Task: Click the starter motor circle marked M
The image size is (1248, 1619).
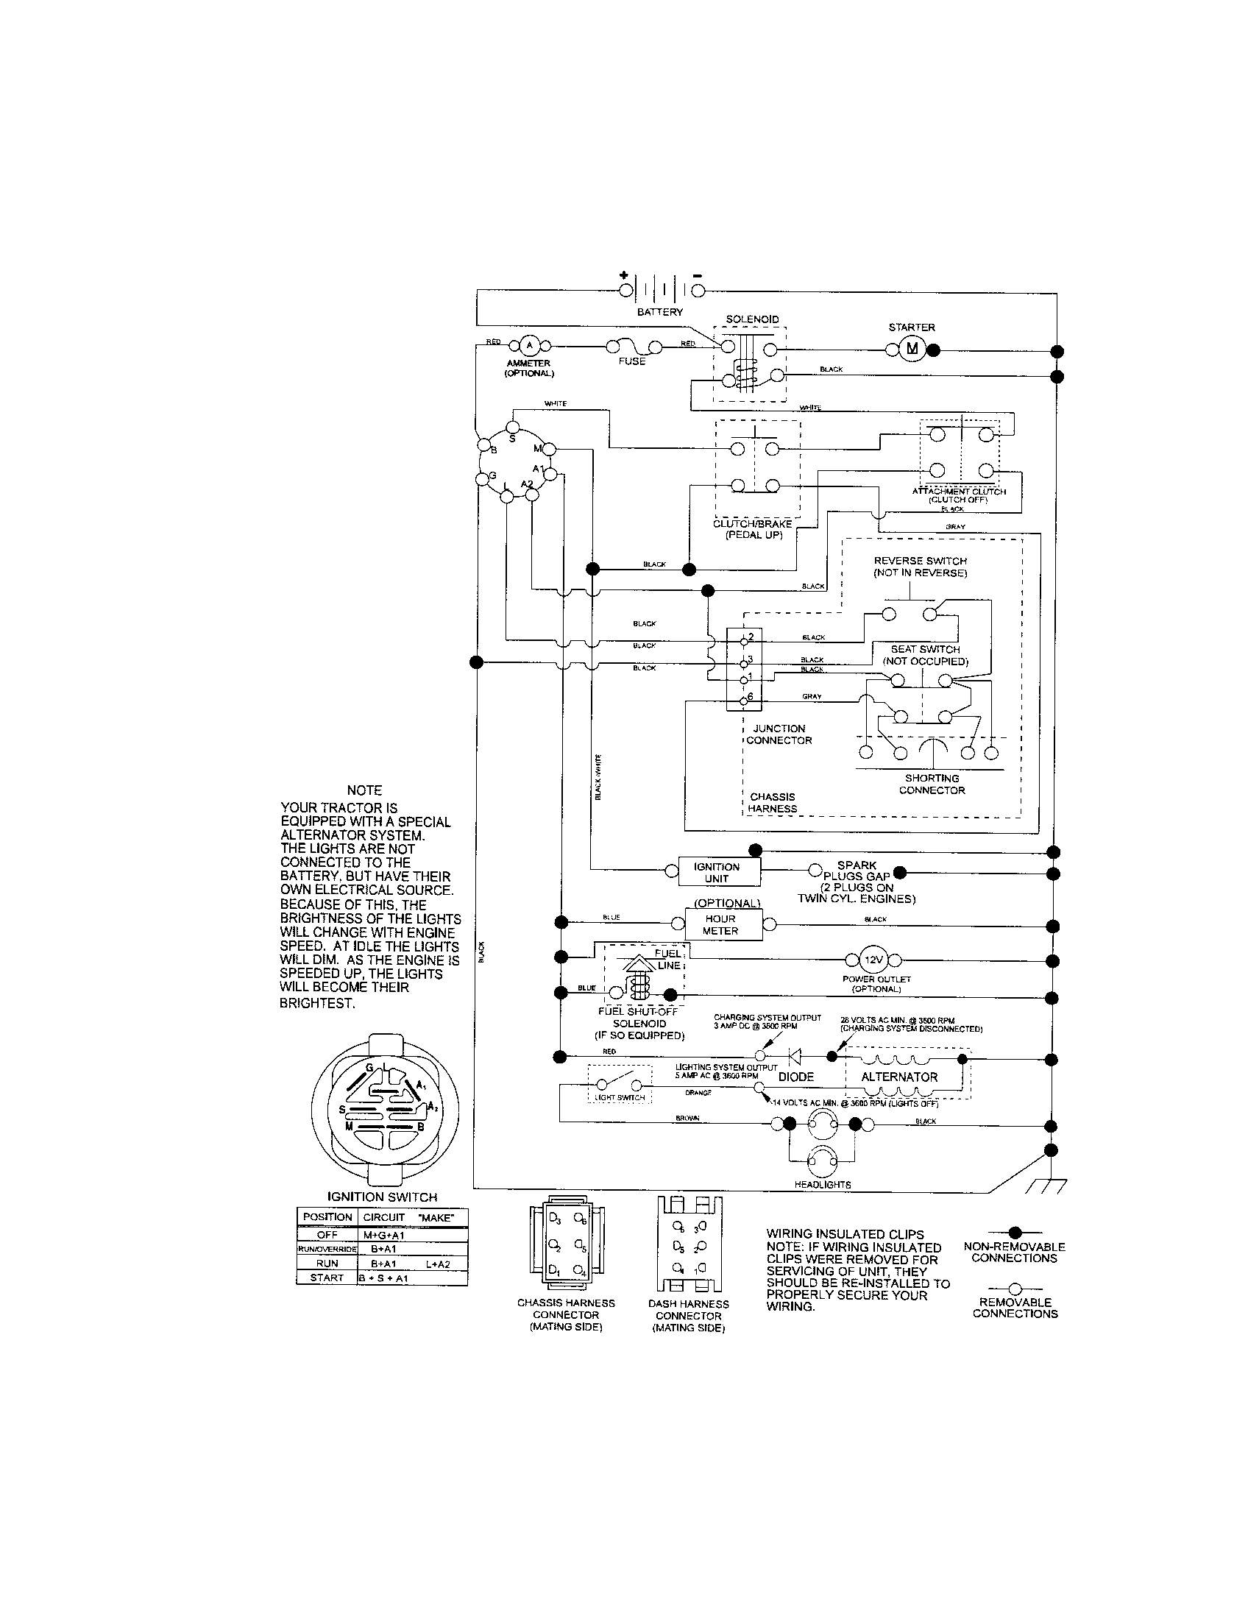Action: click(912, 349)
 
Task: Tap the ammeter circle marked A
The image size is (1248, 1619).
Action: click(528, 344)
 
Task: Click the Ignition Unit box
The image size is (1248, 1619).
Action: click(716, 873)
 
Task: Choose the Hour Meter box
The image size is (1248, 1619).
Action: click(720, 924)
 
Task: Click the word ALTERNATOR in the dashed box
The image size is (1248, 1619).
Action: click(899, 1077)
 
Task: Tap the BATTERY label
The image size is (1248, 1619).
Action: click(659, 312)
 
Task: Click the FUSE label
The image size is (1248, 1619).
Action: click(631, 362)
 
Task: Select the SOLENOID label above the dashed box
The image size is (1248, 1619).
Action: click(751, 319)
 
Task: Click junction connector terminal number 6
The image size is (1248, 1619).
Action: click(745, 701)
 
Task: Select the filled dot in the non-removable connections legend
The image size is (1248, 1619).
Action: click(1015, 1232)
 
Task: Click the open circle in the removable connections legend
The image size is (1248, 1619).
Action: click(1015, 1289)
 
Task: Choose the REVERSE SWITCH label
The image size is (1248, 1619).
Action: click(920, 561)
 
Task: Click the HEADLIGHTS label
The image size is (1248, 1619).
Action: click(823, 1185)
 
